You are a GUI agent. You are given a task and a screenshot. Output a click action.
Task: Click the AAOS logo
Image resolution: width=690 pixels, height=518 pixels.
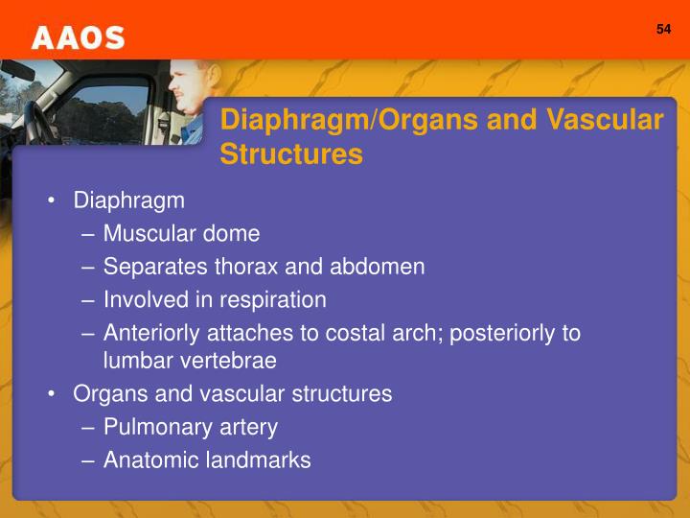[79, 37]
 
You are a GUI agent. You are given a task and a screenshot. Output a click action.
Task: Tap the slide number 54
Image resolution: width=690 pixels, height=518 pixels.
[663, 29]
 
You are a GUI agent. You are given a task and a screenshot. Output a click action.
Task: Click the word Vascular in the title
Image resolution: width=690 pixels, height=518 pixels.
[605, 119]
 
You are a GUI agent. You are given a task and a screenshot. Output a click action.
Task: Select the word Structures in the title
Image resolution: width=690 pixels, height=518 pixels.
[291, 153]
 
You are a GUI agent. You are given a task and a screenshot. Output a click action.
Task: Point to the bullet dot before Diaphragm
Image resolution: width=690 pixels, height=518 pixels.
[52, 200]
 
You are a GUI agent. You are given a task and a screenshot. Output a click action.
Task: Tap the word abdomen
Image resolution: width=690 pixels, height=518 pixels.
[378, 267]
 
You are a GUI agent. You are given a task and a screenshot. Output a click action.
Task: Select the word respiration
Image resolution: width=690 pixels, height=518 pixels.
[273, 300]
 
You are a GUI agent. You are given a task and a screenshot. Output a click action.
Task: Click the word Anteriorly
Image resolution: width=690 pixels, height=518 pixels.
[151, 334]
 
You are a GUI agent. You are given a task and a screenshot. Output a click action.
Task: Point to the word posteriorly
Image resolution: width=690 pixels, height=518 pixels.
[502, 334]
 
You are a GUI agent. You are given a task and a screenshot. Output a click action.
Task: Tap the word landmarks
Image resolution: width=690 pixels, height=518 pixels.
[259, 459]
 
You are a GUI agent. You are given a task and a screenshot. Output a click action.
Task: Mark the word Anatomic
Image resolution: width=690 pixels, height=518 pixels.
[151, 459]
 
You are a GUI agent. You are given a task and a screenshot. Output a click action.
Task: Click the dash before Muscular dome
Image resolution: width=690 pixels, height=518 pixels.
[88, 234]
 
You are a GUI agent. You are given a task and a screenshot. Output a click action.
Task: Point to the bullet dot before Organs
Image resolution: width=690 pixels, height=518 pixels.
[52, 394]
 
